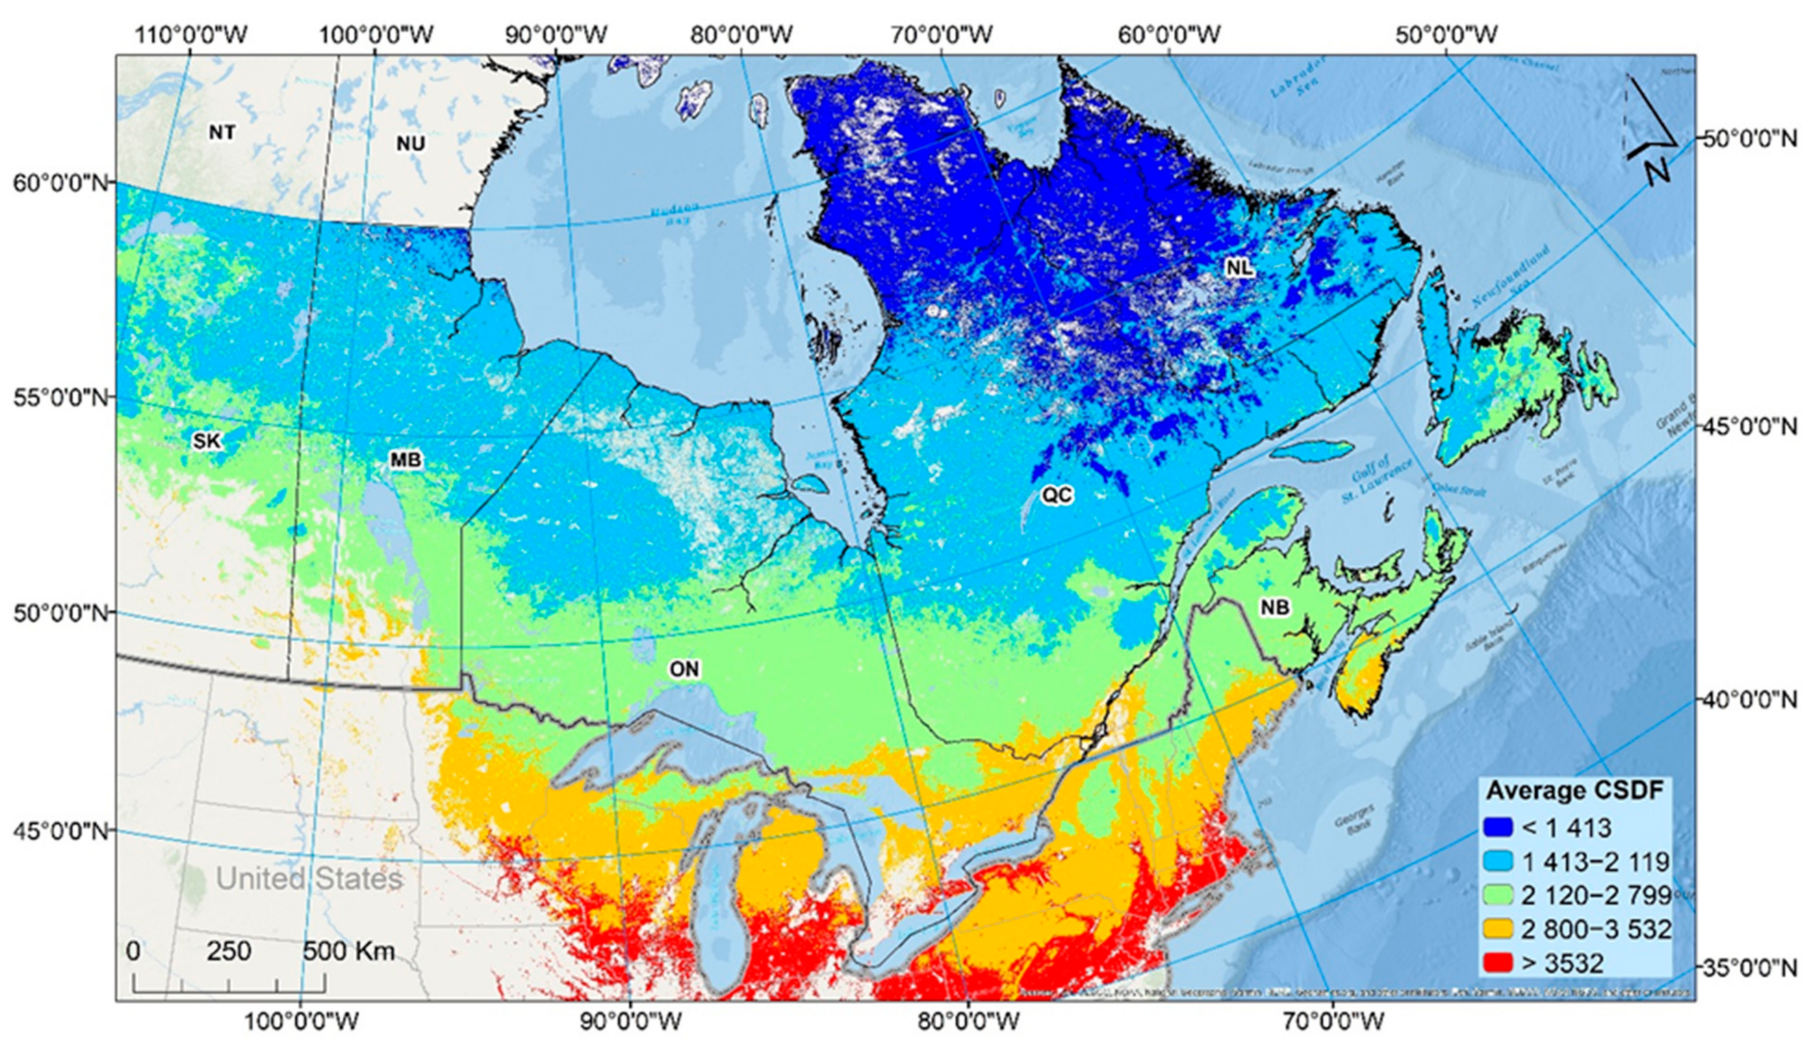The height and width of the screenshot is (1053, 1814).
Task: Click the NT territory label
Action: pos(222,133)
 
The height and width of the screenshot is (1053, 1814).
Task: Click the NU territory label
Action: pos(410,143)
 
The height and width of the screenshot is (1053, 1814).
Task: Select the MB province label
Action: pos(405,460)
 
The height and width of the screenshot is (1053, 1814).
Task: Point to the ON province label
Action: pos(684,670)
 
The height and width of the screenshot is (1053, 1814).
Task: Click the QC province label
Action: pos(1057,495)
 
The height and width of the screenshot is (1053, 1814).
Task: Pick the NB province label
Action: pos(1274,607)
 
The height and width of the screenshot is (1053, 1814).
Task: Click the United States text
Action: pos(309,879)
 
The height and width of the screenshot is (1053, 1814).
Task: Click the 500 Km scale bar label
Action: pos(349,952)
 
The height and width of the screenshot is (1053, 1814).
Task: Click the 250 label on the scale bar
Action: pos(229,952)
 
